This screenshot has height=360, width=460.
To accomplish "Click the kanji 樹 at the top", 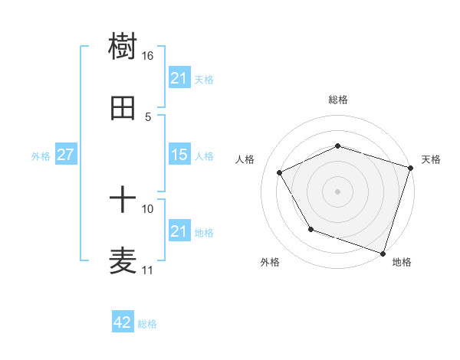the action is click(x=123, y=47).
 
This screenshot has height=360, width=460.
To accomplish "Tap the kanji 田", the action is click(x=123, y=109).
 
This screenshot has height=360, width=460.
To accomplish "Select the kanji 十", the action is click(x=123, y=201).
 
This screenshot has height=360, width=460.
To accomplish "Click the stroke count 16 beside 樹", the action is click(x=148, y=56).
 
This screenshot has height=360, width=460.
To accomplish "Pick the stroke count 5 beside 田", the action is click(x=148, y=116).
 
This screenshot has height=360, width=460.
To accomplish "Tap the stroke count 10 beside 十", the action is click(x=148, y=208).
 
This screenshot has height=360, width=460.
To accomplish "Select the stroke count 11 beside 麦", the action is click(x=148, y=270).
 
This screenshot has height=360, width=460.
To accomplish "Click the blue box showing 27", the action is click(x=65, y=155).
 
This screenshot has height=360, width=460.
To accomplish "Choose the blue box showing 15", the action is click(x=179, y=155).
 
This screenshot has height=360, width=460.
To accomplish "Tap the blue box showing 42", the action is click(x=123, y=322).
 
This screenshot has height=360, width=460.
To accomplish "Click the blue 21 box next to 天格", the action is click(x=179, y=78).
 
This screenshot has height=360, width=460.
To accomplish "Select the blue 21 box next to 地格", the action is click(x=179, y=231).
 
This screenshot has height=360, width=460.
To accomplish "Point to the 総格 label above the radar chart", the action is click(x=338, y=100).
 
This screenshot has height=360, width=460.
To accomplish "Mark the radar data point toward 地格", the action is click(x=382, y=252).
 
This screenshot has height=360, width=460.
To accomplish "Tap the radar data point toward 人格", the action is click(x=280, y=172).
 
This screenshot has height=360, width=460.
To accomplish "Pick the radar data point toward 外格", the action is click(x=310, y=229).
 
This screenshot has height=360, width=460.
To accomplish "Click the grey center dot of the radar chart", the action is click(x=338, y=191).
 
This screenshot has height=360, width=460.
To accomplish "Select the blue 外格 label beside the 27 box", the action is click(x=41, y=156).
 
